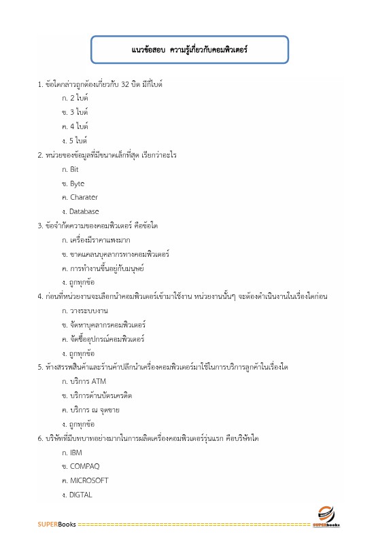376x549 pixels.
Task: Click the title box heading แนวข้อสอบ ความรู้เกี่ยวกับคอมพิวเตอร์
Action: [190, 50]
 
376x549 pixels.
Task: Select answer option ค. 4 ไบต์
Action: [75, 126]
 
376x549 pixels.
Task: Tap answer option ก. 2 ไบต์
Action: [75, 99]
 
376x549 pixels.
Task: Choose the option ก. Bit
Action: [70, 169]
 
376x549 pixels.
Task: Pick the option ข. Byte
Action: [73, 183]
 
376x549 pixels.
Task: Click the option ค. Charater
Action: [80, 197]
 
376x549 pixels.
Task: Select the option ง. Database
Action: [80, 211]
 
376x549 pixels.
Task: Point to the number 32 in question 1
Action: [125, 84]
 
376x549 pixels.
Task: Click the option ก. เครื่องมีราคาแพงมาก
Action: [96, 240]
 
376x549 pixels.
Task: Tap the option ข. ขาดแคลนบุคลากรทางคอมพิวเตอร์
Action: [115, 254]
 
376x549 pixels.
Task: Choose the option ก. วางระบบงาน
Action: [85, 310]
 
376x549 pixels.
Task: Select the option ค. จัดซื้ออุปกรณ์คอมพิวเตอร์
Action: [103, 338]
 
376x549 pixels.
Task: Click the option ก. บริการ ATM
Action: [84, 381]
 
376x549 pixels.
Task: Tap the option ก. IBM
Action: [71, 452]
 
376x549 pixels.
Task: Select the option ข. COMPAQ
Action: [80, 466]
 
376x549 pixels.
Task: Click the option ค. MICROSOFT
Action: [84, 480]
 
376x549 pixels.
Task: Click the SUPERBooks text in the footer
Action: [56, 525]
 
